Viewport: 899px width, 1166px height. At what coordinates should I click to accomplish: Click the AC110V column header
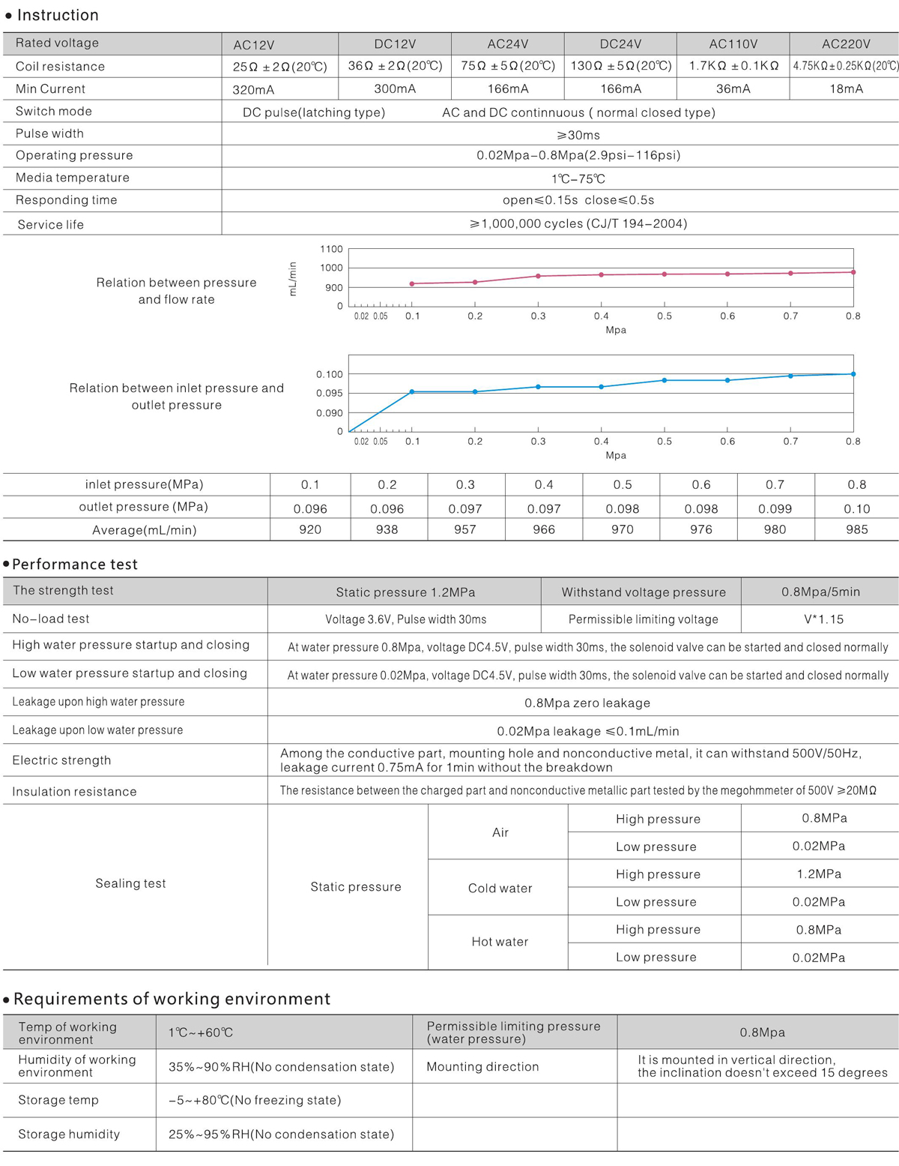click(733, 44)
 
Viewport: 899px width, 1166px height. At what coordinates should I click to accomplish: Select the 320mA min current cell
click(253, 90)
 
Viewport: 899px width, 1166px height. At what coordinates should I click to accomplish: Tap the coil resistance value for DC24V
click(620, 66)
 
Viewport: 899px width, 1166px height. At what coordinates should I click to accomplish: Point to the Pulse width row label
click(49, 133)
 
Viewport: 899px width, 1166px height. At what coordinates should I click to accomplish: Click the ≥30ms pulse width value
click(578, 135)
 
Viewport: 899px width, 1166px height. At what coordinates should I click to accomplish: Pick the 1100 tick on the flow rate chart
click(331, 249)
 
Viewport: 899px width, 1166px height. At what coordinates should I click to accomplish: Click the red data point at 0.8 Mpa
click(853, 272)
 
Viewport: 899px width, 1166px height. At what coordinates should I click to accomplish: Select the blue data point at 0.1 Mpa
click(412, 391)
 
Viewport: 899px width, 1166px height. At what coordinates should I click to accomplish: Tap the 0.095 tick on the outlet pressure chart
click(330, 393)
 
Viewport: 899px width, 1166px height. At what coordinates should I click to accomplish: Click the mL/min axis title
click(293, 278)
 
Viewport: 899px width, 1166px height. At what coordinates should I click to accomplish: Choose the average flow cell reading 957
click(464, 529)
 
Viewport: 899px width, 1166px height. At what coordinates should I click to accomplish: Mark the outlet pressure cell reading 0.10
click(856, 508)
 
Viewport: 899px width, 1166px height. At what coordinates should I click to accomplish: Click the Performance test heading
click(75, 564)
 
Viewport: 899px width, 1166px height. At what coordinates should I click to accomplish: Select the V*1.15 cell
click(823, 619)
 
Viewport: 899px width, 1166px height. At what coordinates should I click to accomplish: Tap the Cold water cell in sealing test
click(500, 888)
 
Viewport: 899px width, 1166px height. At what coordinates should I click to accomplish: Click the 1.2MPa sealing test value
click(819, 874)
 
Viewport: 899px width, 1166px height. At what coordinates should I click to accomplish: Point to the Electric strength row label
click(61, 760)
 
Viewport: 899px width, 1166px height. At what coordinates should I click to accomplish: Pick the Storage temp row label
click(58, 1100)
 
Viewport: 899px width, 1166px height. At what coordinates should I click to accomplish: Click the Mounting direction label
click(482, 1066)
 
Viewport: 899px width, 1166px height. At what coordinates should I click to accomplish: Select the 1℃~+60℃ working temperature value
click(201, 1033)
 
